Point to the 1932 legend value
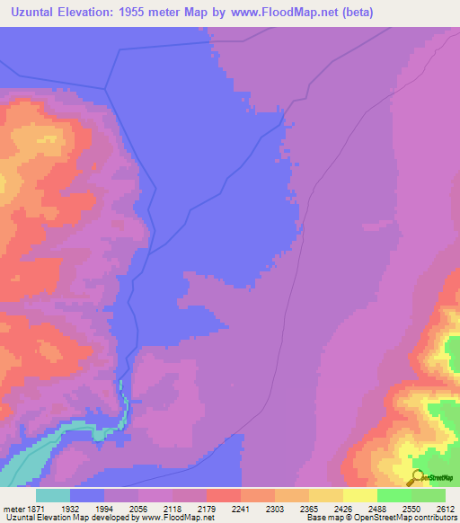pyautogui.click(x=71, y=508)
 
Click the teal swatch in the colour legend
pyautogui.click(x=53, y=495)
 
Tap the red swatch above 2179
pyautogui.click(x=223, y=495)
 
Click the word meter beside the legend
pyautogui.click(x=12, y=508)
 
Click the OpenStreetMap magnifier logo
pyautogui.click(x=416, y=476)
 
